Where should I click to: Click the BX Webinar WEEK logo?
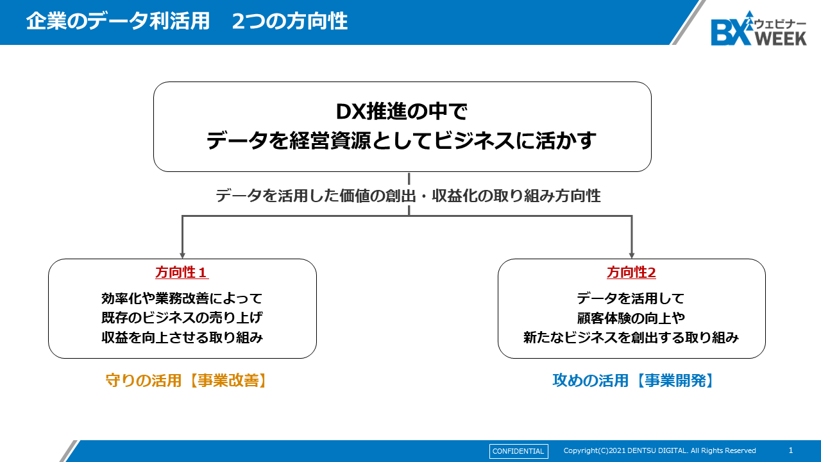tap(758, 29)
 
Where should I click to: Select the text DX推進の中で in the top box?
tap(402, 112)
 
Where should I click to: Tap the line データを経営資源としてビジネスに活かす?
tap(402, 141)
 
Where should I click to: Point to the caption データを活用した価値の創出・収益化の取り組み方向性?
tap(408, 196)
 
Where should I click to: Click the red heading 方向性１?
tap(182, 273)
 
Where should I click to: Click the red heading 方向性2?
tap(632, 273)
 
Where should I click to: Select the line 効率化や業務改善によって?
tap(182, 298)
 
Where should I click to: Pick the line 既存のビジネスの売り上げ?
tap(182, 318)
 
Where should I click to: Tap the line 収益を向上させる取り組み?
tap(182, 338)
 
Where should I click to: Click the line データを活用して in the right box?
tap(631, 298)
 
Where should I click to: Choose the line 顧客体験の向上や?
tap(631, 318)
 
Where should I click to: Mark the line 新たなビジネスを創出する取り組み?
tap(631, 338)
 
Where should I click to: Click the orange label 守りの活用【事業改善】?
tap(187, 381)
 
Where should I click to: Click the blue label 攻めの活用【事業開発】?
tap(634, 381)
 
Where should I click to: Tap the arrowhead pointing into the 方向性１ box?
tap(183, 255)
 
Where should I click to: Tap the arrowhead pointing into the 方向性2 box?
tap(632, 255)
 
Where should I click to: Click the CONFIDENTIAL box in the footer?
tap(518, 451)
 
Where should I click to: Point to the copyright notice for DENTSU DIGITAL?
tap(659, 450)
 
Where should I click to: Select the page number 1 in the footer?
tap(791, 450)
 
